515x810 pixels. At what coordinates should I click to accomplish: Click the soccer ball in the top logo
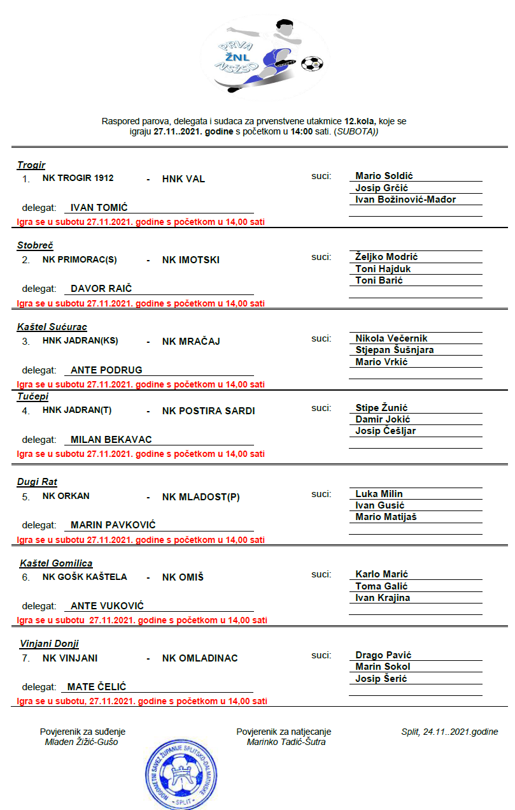[x=311, y=63]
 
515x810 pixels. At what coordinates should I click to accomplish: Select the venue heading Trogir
[x=31, y=165]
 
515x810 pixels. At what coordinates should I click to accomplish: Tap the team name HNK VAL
[x=183, y=178]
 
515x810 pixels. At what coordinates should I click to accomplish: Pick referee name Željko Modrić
[x=386, y=257]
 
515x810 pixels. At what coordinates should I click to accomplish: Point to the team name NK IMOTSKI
[x=191, y=260]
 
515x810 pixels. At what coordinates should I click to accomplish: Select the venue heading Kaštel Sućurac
[x=52, y=327]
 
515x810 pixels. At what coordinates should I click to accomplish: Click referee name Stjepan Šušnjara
[x=395, y=350]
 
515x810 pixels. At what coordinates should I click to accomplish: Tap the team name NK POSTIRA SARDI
[x=208, y=411]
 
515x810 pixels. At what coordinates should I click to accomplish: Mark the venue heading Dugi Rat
[x=37, y=482]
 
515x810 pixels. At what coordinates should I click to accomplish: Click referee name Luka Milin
[x=379, y=494]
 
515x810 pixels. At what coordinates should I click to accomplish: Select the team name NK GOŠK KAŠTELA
[x=85, y=577]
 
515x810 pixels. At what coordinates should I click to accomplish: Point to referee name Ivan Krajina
[x=383, y=598]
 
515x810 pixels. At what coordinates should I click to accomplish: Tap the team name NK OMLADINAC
[x=200, y=658]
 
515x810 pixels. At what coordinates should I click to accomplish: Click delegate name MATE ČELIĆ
[x=97, y=687]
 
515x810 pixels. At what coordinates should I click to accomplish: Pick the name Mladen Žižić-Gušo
[x=81, y=742]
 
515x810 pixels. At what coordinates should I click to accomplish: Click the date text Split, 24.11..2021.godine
[x=449, y=732]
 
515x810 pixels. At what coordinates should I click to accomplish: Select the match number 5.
[x=25, y=497]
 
